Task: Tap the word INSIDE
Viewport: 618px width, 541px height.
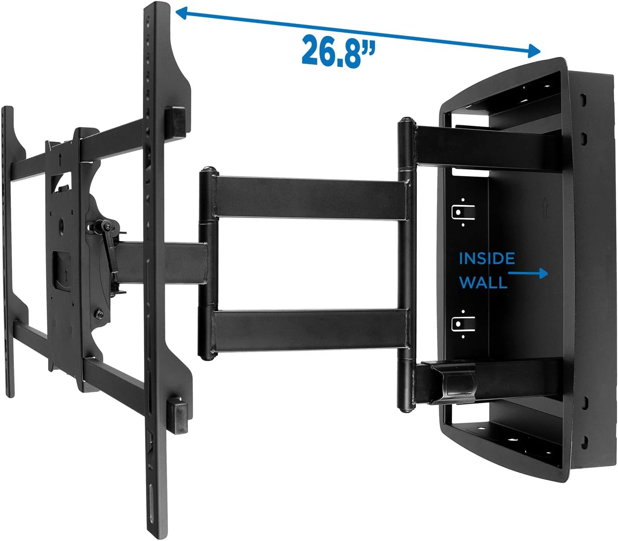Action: (486, 259)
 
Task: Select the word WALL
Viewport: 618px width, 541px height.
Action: (483, 282)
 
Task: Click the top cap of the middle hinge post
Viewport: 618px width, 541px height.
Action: (208, 171)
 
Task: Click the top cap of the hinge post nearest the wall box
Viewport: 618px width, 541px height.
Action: (406, 121)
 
